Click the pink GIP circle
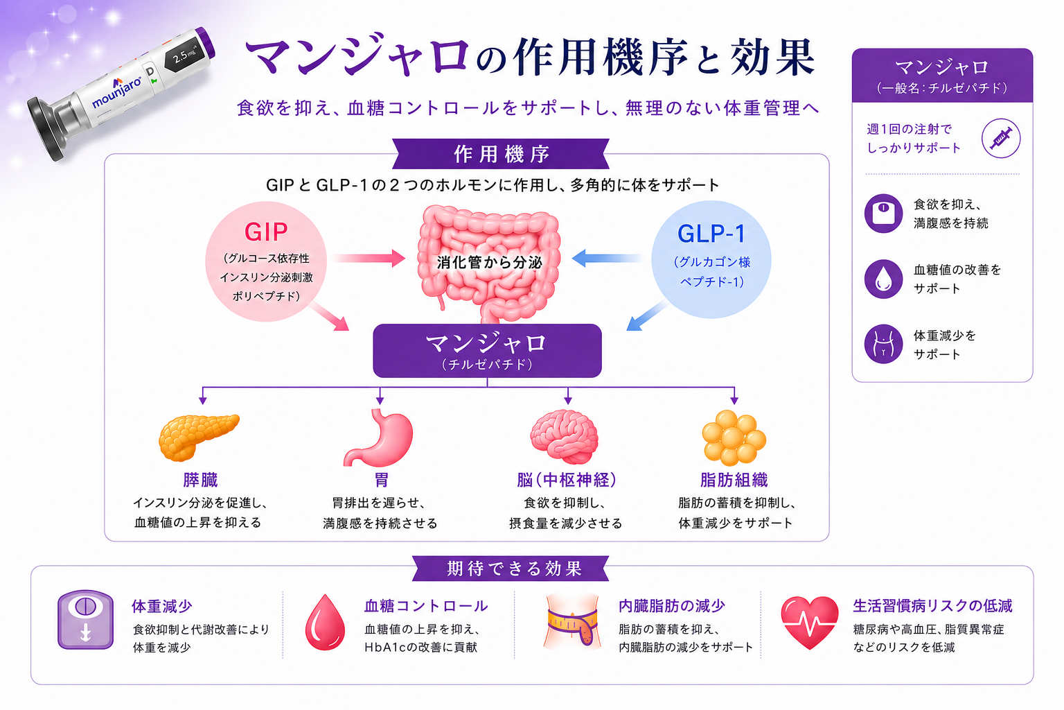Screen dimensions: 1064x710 pos(266,261)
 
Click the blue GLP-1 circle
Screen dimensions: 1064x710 pos(711,259)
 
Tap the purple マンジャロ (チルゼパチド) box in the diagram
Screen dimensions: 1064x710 pos(488,351)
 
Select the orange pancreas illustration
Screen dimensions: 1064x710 pos(199,437)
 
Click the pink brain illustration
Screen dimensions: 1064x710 pos(565,437)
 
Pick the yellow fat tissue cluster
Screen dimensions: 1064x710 pos(734,438)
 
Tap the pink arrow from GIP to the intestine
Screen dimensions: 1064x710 pos(368,258)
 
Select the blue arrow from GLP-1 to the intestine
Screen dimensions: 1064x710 pos(608,258)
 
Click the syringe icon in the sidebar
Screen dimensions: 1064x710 pos(1001,139)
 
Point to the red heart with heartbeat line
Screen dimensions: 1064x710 pos(809,622)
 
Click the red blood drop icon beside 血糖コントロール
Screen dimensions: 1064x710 pos(325,622)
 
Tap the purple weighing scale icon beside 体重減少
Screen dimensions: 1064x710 pos(85,620)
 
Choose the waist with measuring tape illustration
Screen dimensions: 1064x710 pos(572,621)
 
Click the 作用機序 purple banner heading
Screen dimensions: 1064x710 pos(501,154)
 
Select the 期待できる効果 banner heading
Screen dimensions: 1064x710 pos(511,569)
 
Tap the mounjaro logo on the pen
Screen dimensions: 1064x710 pos(116,92)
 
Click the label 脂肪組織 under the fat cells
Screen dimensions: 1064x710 pos(734,480)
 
